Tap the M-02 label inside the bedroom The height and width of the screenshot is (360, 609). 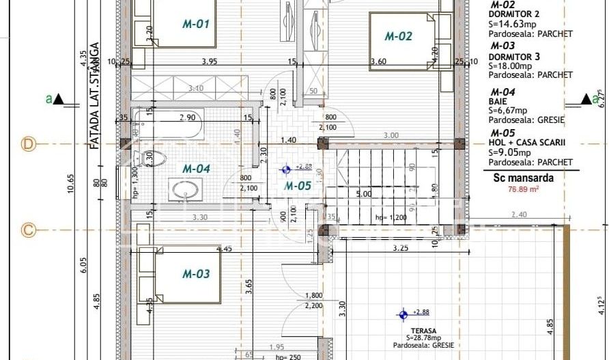tap(399, 36)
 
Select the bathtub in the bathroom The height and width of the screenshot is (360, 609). tap(168, 129)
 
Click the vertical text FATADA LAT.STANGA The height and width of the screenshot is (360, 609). tap(96, 96)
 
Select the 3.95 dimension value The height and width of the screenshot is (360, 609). tap(210, 61)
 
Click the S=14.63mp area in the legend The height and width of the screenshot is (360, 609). tap(511, 23)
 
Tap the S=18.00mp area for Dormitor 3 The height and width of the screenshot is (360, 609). tap(511, 66)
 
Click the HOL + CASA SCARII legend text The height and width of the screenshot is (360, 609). tap(528, 143)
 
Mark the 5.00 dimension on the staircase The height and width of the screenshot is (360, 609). tap(365, 194)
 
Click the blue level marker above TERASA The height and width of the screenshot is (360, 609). tap(403, 314)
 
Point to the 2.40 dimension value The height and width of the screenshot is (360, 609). tap(518, 214)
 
